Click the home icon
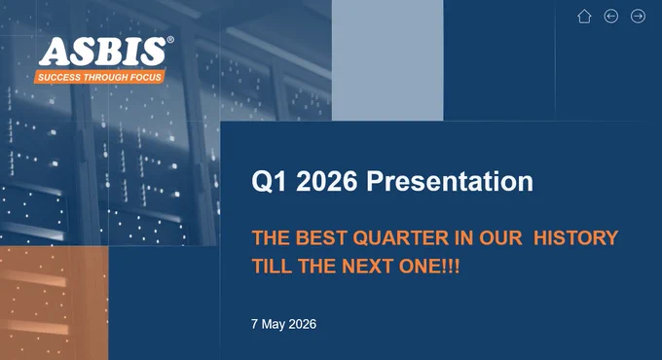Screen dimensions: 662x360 click(584, 17)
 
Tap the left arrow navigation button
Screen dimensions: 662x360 click(611, 17)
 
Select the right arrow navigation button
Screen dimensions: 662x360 click(638, 17)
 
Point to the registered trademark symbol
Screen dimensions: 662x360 click(170, 40)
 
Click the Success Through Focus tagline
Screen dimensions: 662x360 click(99, 77)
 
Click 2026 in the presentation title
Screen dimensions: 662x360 click(327, 181)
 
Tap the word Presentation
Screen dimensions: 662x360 click(450, 181)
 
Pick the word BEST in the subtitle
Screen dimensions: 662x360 click(321, 238)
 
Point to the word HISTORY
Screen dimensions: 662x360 click(576, 238)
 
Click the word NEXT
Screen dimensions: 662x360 click(368, 267)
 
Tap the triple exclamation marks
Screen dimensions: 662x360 click(452, 267)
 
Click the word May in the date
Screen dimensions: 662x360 click(274, 325)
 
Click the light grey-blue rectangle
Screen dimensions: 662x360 click(387, 60)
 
